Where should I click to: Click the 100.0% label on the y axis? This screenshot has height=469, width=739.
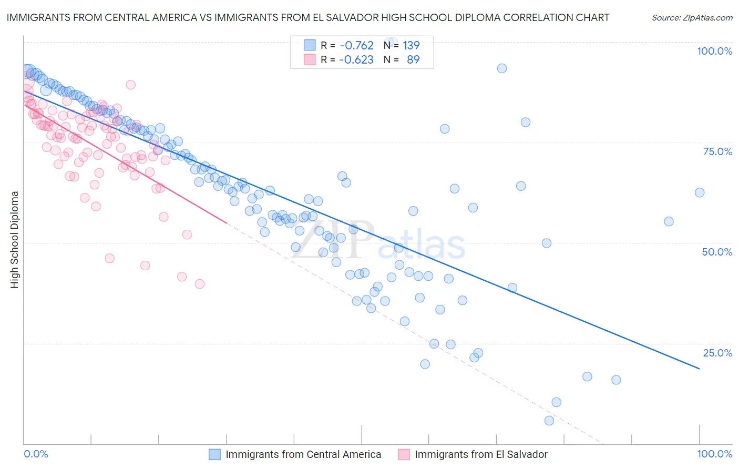pos(714,51)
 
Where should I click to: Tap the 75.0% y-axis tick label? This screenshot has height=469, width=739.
pos(717,151)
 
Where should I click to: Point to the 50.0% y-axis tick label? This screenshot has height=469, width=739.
pos(717,252)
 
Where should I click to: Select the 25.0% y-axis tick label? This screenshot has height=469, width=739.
pos(717,353)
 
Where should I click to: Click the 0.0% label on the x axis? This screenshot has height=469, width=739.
pos(36,454)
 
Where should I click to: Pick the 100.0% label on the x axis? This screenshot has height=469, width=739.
pos(714,454)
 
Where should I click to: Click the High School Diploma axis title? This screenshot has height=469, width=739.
pos(15,239)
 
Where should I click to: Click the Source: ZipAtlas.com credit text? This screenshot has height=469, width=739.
pos(692,17)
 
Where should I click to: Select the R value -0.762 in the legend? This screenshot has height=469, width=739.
pos(356,46)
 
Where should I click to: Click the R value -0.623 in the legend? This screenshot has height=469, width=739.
pos(356,60)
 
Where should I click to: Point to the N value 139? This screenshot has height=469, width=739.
pos(411,46)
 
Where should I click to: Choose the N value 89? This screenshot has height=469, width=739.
pos(413,60)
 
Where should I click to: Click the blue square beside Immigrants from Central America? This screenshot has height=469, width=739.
pos(214,454)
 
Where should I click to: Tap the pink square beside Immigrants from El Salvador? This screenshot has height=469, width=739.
pos(404,454)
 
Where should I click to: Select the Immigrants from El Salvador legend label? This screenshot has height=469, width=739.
pos(481,454)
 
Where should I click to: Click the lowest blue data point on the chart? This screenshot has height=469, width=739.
pos(549,421)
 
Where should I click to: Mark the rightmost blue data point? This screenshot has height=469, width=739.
pos(700,192)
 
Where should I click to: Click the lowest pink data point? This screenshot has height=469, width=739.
pos(200,284)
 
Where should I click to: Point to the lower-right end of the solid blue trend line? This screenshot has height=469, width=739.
pos(700,369)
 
